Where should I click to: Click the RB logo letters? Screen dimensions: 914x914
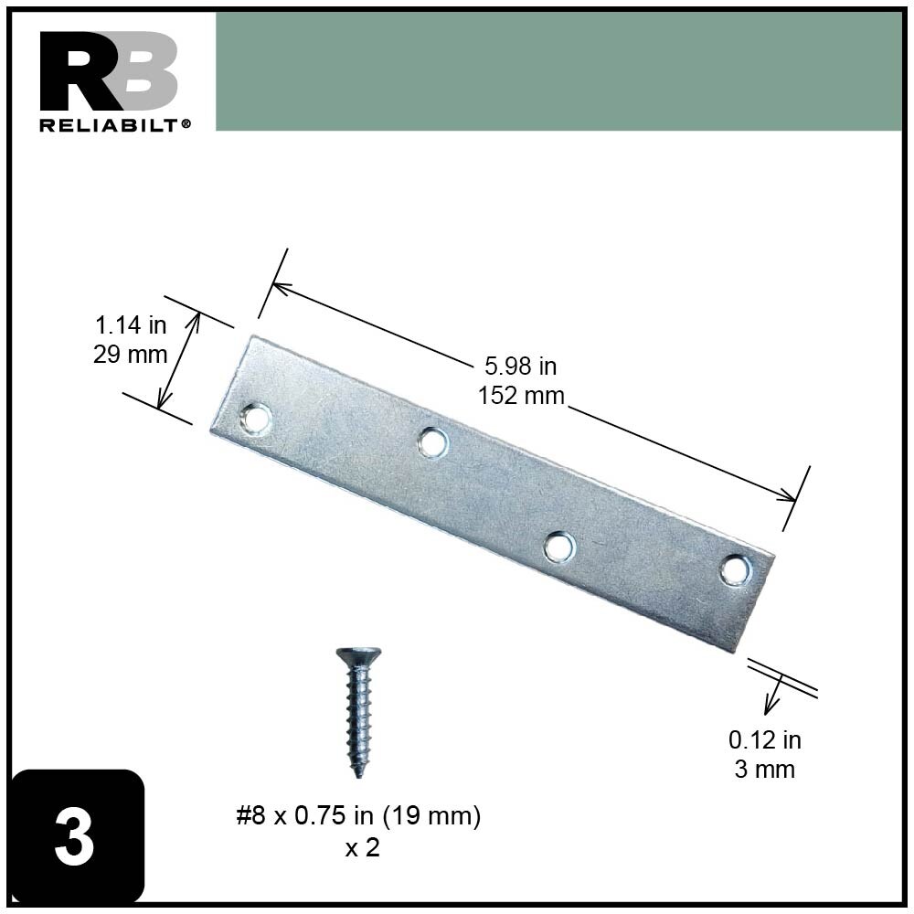pyautogui.click(x=108, y=72)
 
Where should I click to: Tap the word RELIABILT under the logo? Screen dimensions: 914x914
pyautogui.click(x=111, y=125)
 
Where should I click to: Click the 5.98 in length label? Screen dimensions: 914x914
pyautogui.click(x=520, y=367)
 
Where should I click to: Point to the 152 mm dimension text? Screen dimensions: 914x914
pyautogui.click(x=520, y=396)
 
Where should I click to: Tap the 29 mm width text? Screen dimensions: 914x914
pyautogui.click(x=131, y=354)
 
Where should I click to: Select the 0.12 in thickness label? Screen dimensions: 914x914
pyautogui.click(x=764, y=739)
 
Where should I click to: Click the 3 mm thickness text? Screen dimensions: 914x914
pyautogui.click(x=764, y=769)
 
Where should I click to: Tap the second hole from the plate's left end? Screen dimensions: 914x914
pyautogui.click(x=431, y=442)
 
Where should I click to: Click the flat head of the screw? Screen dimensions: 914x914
pyautogui.click(x=358, y=654)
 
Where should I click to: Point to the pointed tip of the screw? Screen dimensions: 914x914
pyautogui.click(x=358, y=773)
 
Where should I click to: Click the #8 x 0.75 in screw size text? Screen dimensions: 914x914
pyautogui.click(x=358, y=816)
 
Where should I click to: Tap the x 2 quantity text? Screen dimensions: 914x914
pyautogui.click(x=362, y=847)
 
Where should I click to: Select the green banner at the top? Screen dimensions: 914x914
pyautogui.click(x=558, y=71)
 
